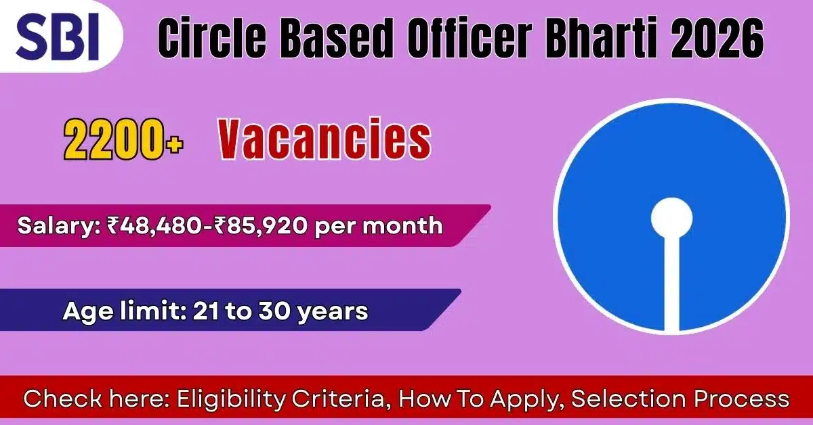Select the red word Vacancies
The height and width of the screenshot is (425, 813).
click(x=324, y=140)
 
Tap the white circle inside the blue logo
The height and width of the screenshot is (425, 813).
click(x=671, y=217)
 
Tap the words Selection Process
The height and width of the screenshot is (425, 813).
click(x=680, y=399)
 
